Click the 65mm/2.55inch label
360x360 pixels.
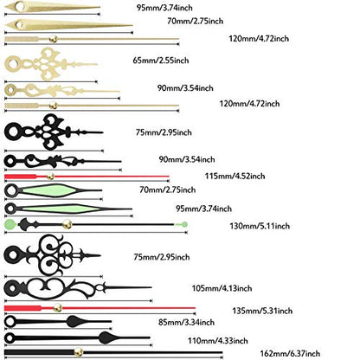(161, 61)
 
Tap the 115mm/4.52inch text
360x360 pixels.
(235, 176)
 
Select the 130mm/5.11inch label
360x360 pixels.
(260, 226)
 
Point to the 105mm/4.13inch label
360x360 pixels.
(222, 288)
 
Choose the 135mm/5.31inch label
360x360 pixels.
(262, 311)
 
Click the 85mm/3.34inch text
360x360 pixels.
(186, 322)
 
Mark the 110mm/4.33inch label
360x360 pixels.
(218, 341)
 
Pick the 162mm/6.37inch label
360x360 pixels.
(290, 353)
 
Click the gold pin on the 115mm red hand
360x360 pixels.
(50, 177)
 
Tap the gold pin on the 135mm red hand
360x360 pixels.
(57, 308)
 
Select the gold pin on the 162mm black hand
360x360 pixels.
(78, 352)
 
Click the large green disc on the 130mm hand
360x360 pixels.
(10, 224)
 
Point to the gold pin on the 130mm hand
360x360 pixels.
(67, 224)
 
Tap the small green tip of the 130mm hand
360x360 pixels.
(184, 224)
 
